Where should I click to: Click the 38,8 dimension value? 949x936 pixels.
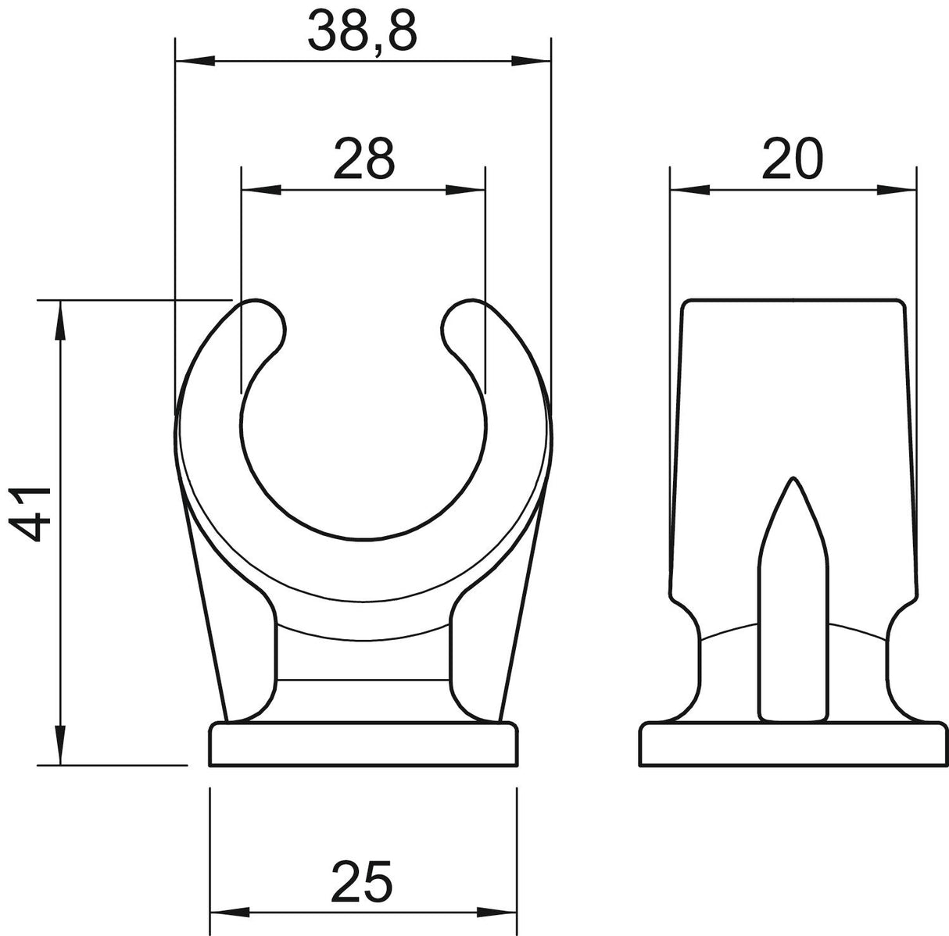pyautogui.click(x=363, y=31)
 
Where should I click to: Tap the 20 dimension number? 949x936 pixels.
pyautogui.click(x=793, y=159)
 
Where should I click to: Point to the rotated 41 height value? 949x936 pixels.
pyautogui.click(x=30, y=514)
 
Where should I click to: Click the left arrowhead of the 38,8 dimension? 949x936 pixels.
pyautogui.click(x=195, y=61)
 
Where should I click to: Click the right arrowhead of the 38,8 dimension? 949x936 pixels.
pyautogui.click(x=531, y=61)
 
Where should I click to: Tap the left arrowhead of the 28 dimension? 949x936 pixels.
pyautogui.click(x=262, y=190)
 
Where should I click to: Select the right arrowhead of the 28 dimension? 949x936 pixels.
pyautogui.click(x=465, y=190)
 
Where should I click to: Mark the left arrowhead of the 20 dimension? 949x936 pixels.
pyautogui.click(x=690, y=190)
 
